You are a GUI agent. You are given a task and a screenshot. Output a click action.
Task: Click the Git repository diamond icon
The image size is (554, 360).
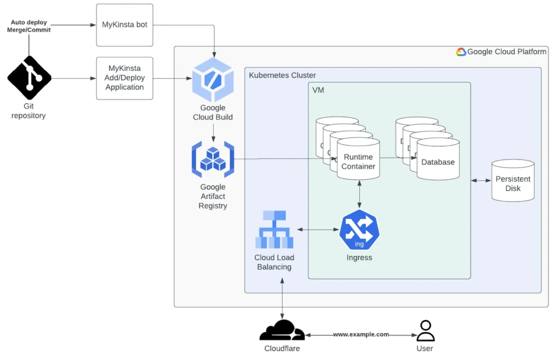click(x=29, y=78)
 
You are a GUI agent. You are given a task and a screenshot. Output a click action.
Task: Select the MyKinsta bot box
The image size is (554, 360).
click(x=124, y=25)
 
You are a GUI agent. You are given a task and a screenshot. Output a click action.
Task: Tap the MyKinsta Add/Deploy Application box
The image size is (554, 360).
click(x=124, y=78)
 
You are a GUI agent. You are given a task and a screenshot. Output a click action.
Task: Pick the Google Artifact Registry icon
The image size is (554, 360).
click(x=213, y=159)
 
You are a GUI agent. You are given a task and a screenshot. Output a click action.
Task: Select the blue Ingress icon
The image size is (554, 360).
click(x=359, y=231)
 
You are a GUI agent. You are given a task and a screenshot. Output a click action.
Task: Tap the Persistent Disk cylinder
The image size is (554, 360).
click(x=512, y=181)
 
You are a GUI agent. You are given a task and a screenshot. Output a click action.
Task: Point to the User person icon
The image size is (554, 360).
click(x=425, y=330)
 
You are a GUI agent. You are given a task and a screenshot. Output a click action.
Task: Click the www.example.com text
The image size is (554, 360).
click(x=361, y=335)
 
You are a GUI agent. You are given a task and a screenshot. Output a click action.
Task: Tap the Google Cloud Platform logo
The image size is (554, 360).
click(x=461, y=52)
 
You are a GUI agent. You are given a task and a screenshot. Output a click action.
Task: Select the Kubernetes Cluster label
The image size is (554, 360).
click(x=282, y=75)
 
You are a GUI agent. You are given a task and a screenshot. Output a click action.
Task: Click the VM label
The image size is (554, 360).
click(x=318, y=90)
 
